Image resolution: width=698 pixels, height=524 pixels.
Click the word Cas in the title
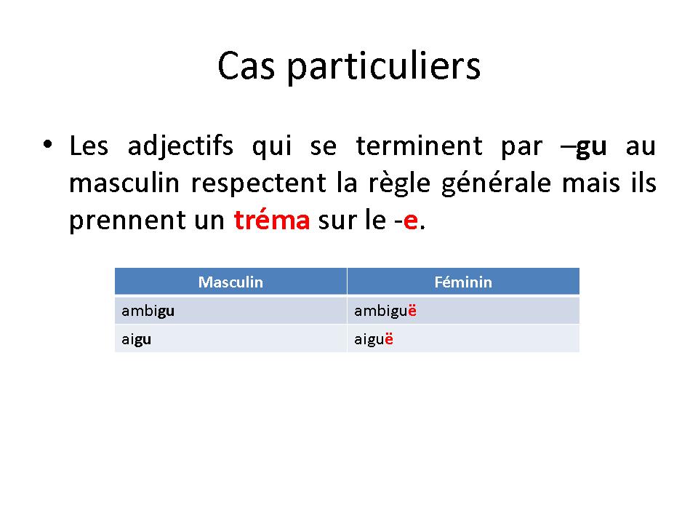click(x=246, y=66)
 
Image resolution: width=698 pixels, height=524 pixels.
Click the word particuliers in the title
click(x=384, y=68)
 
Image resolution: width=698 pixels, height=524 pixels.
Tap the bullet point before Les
click(x=48, y=144)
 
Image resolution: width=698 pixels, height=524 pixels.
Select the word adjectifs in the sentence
click(x=180, y=146)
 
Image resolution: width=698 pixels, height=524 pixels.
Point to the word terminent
click(x=420, y=146)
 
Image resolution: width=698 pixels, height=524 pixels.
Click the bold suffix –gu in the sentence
click(x=584, y=148)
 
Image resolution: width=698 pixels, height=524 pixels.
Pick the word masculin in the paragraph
click(x=124, y=183)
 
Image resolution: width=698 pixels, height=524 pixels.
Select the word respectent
click(x=259, y=184)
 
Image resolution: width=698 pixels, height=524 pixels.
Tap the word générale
click(x=497, y=184)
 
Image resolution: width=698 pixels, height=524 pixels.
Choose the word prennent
click(x=127, y=221)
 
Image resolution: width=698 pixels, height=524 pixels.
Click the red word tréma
click(x=271, y=220)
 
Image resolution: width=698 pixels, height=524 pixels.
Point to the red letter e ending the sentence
click(x=410, y=221)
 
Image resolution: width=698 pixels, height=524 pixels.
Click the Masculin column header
click(x=230, y=282)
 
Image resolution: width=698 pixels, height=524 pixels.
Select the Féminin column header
click(x=463, y=282)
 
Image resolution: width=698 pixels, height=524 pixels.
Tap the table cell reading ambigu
click(x=230, y=310)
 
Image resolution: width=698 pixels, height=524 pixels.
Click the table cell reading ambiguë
click(x=463, y=310)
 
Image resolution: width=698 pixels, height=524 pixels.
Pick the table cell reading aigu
click(x=230, y=338)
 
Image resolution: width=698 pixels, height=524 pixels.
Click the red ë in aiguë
click(x=388, y=338)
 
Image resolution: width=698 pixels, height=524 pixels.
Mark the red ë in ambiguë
click(x=412, y=310)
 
